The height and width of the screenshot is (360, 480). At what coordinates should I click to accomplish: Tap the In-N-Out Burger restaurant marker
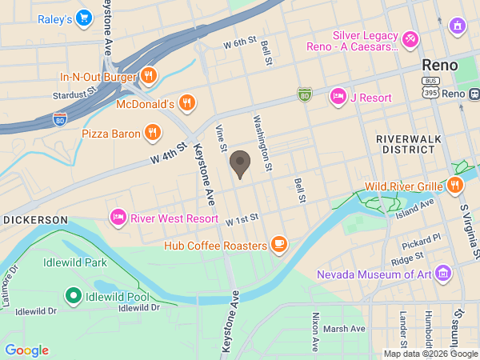pyautogui.click(x=148, y=77)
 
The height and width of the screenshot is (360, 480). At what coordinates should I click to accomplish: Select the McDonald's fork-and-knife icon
pyautogui.click(x=186, y=102)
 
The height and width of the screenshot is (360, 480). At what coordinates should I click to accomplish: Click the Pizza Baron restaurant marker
pyautogui.click(x=153, y=133)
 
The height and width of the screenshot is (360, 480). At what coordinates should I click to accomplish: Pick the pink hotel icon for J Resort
pyautogui.click(x=338, y=97)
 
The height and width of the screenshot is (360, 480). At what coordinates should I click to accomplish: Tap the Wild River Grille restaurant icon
pyautogui.click(x=455, y=186)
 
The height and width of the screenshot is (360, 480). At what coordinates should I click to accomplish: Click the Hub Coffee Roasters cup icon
pyautogui.click(x=278, y=244)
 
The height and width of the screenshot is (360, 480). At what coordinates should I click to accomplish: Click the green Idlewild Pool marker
pyautogui.click(x=74, y=298)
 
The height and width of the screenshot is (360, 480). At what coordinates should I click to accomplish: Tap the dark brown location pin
pyautogui.click(x=239, y=165)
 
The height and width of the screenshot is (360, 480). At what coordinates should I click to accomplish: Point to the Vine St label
pyautogui.click(x=222, y=137)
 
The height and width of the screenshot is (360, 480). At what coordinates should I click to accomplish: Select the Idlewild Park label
pyautogui.click(x=74, y=262)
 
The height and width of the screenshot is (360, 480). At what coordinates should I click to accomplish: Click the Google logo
pyautogui.click(x=26, y=350)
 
